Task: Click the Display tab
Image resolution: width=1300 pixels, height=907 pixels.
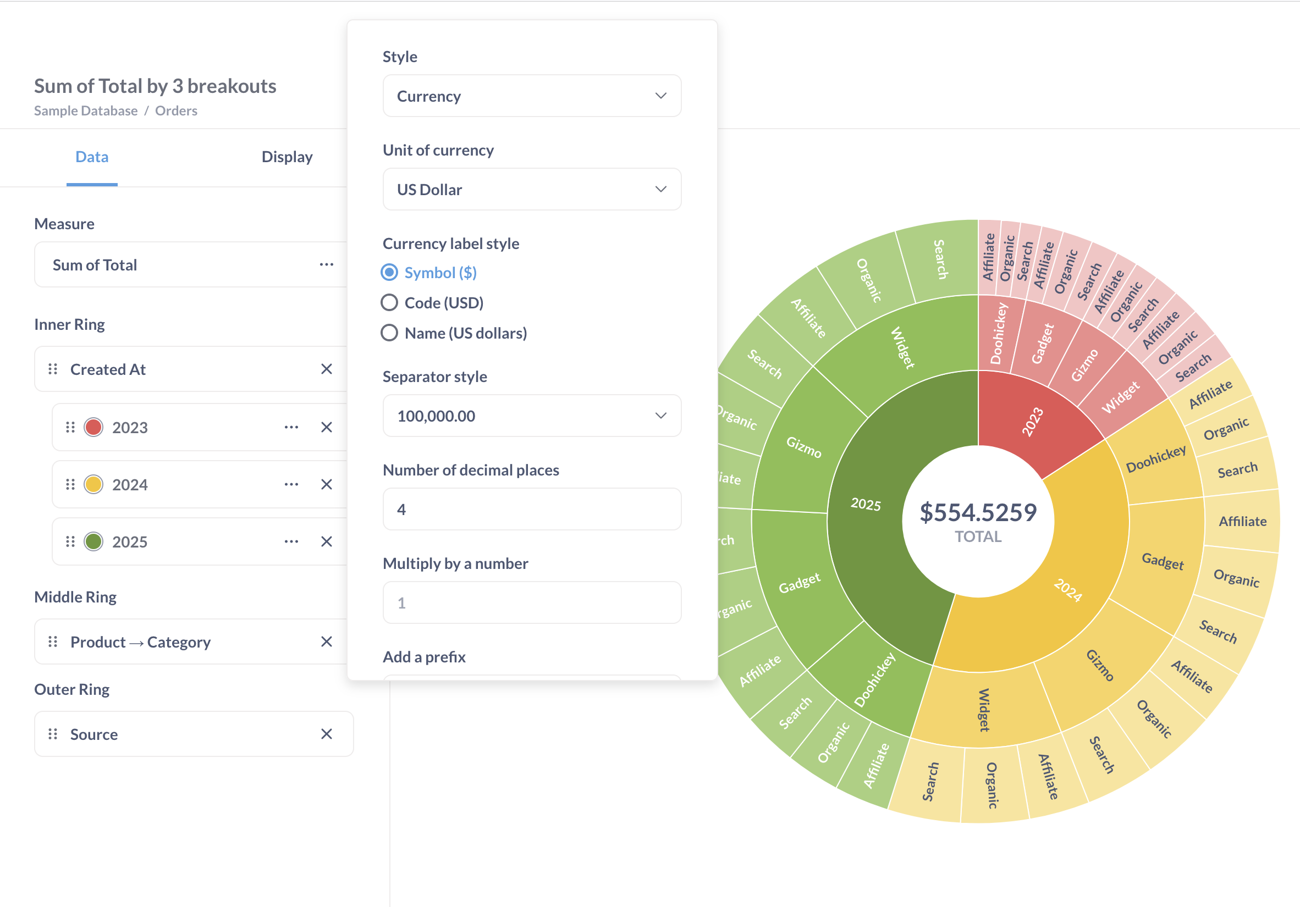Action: tap(287, 157)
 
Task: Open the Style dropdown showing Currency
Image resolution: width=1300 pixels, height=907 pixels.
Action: tap(531, 96)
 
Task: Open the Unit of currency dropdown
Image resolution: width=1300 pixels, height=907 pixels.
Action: tap(531, 190)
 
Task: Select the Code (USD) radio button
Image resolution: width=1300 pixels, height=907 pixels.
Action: tap(389, 303)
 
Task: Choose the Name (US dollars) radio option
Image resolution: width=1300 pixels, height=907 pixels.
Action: tap(389, 333)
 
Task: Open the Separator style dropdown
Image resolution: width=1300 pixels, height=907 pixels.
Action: tap(531, 416)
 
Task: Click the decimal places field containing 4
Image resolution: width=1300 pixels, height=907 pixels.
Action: tap(531, 509)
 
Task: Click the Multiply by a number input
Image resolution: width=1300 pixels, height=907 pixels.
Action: tap(531, 602)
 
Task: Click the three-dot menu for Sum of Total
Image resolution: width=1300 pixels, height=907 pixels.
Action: tap(326, 265)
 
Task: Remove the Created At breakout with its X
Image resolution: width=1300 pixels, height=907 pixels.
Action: tap(326, 369)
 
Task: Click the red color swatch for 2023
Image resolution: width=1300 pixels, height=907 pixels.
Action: tap(93, 427)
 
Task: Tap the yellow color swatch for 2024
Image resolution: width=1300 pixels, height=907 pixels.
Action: tap(93, 484)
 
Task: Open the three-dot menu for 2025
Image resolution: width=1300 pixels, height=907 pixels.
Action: tap(291, 541)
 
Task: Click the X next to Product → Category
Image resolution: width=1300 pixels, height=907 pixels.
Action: tap(326, 641)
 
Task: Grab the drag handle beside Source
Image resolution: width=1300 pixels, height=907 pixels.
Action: tap(53, 734)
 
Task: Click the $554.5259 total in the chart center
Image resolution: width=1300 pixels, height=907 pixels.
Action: tap(978, 513)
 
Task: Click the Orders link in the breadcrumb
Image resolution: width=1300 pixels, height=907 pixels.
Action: tap(176, 111)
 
